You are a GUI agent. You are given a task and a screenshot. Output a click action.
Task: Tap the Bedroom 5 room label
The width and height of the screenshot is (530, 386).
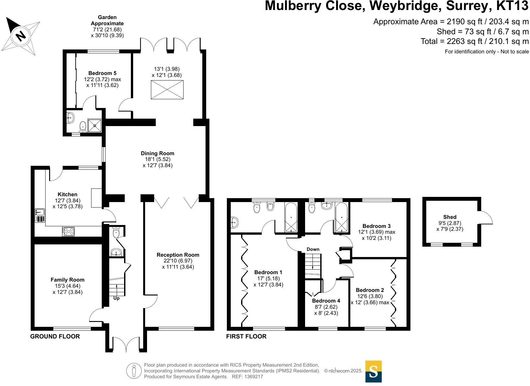tap(102, 73)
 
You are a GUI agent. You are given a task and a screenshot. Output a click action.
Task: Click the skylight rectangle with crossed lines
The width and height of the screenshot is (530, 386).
tap(167, 90)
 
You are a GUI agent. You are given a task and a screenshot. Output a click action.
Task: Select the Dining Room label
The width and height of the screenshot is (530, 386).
tap(157, 153)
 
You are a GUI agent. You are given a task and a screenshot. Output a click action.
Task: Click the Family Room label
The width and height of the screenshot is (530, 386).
tap(68, 280)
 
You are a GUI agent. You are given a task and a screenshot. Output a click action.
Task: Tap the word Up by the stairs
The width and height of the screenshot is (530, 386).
tap(116, 298)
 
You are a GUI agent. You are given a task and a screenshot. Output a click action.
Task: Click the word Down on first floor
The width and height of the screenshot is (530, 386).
tap(313, 249)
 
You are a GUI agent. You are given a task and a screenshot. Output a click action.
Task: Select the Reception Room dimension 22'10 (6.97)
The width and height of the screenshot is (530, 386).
tap(178, 261)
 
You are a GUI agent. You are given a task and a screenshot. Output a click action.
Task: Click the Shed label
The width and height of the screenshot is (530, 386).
tap(450, 217)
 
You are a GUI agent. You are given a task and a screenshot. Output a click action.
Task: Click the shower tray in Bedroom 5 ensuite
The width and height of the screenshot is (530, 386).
tap(95, 126)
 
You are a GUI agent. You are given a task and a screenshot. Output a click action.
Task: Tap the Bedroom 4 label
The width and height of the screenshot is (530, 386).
tap(326, 301)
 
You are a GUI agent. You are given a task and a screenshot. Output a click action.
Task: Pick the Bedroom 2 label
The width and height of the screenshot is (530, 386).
tap(370, 290)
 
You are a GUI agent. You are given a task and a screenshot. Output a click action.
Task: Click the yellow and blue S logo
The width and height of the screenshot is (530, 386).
tap(373, 371)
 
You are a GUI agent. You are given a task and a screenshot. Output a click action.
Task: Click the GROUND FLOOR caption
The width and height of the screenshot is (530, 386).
tap(55, 337)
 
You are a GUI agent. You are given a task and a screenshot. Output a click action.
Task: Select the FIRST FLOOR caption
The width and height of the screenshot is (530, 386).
tap(246, 337)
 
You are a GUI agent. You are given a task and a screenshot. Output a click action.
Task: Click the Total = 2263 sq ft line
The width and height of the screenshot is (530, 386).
tap(474, 41)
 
